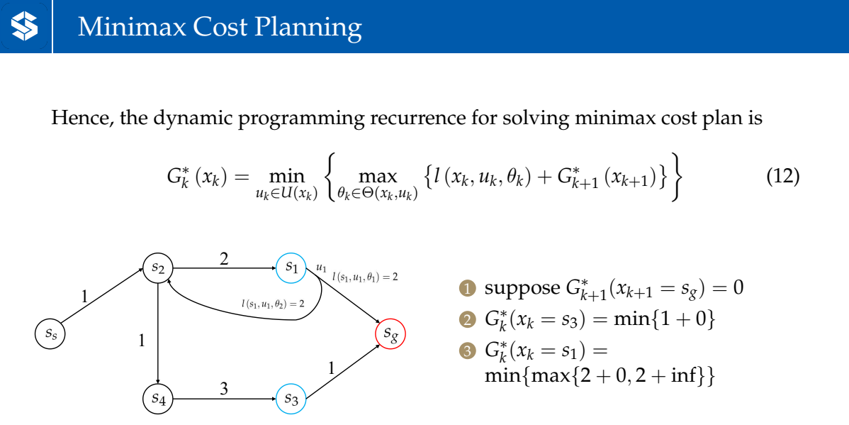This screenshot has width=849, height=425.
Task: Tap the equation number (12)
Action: click(783, 176)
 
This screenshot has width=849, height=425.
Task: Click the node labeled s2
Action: click(158, 268)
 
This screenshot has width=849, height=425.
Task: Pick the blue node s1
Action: click(291, 268)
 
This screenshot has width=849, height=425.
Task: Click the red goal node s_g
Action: click(390, 333)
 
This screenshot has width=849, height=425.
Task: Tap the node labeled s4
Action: click(158, 399)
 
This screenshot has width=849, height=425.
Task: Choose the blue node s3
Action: click(291, 399)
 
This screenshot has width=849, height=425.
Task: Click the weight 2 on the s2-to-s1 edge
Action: click(224, 259)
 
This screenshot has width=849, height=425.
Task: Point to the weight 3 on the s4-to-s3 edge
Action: click(224, 389)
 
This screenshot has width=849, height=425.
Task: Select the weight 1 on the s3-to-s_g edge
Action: click(330, 368)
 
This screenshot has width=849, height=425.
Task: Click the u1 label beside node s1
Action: click(321, 268)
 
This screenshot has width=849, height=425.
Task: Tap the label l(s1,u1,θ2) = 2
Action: click(272, 304)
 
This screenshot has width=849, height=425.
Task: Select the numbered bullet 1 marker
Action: click(466, 289)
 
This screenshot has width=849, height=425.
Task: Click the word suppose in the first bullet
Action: click(522, 289)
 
